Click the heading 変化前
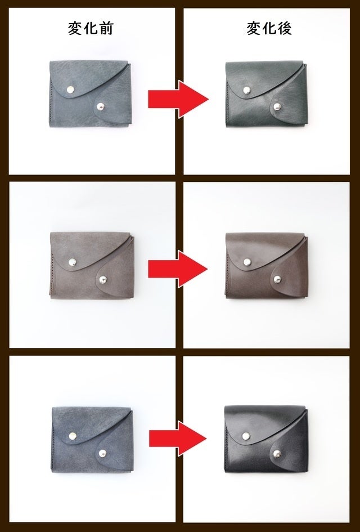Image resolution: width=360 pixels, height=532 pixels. [90, 29]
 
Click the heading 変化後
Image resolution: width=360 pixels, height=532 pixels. [269, 29]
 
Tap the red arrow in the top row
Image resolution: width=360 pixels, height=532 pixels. [178, 100]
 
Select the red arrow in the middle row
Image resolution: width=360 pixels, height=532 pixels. [178, 270]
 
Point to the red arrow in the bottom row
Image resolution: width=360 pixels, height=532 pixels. [178, 439]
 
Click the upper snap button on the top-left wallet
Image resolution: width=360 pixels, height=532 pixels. [70, 90]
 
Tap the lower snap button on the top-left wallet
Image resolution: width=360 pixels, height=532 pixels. [100, 106]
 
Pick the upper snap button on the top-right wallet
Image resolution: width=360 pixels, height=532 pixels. [247, 90]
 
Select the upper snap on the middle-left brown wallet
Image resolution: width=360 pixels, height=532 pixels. [72, 262]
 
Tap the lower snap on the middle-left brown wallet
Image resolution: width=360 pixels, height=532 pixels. [103, 280]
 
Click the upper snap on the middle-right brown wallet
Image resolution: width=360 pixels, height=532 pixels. [247, 262]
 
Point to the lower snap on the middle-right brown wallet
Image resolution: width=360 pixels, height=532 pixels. [278, 279]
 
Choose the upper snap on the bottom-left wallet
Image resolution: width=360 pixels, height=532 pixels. [72, 436]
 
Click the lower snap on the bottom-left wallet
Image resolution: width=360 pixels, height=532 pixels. [102, 453]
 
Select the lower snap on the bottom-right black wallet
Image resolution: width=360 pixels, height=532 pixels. [277, 453]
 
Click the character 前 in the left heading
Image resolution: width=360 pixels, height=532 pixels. [106, 29]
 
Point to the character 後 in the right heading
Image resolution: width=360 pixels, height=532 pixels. [285, 29]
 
